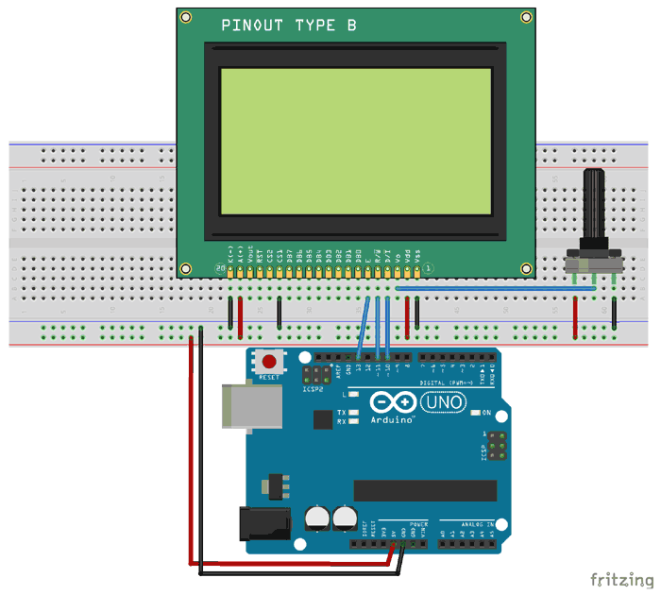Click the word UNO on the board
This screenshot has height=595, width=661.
tap(443, 402)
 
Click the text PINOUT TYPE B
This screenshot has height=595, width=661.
tap(289, 25)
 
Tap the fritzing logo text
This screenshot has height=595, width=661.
tap(619, 578)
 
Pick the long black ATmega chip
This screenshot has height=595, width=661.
tap(425, 490)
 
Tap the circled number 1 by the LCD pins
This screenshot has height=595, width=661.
tap(428, 269)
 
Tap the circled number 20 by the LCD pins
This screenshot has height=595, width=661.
tap(219, 269)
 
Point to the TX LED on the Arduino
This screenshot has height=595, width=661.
tap(352, 413)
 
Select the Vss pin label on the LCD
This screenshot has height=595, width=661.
tap(418, 253)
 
